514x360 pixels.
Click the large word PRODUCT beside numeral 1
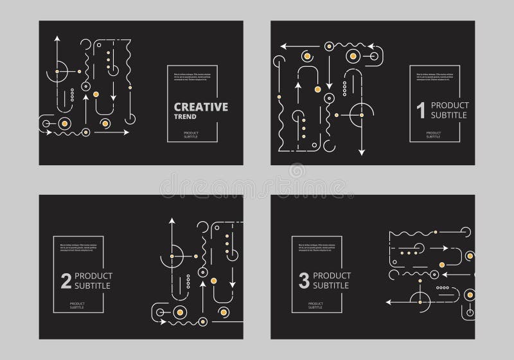coord(450,105)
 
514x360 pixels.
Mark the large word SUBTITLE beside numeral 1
coord(450,117)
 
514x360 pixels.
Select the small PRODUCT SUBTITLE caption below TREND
coord(191,134)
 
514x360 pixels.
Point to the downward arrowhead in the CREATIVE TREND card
coord(113,97)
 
